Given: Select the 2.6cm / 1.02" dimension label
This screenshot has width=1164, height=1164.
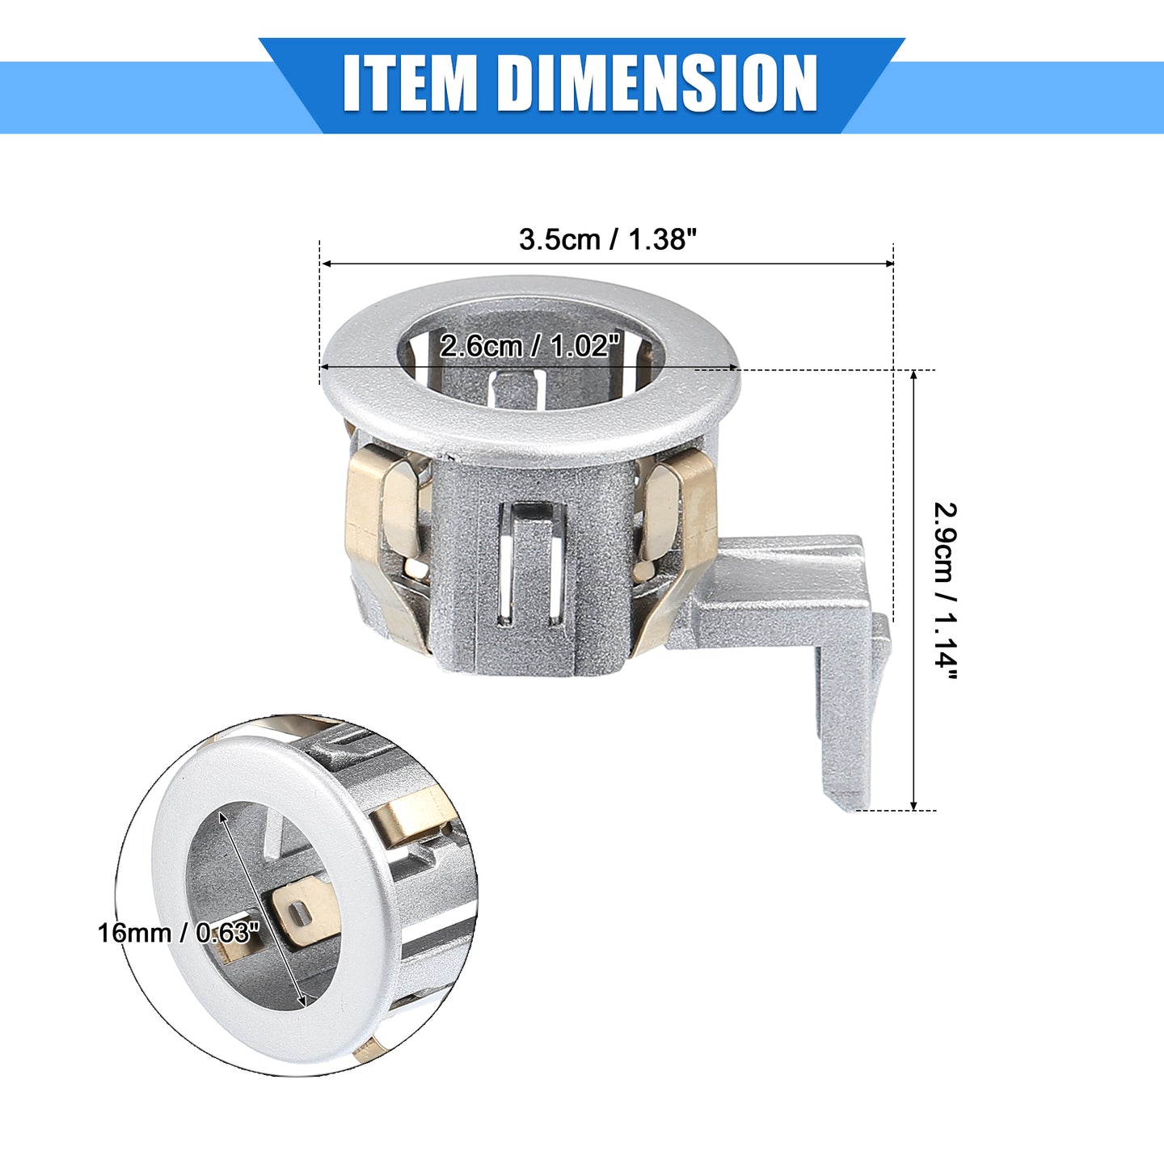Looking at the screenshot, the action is (x=529, y=346).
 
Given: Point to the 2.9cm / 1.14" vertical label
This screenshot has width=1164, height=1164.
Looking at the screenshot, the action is (x=945, y=592).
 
